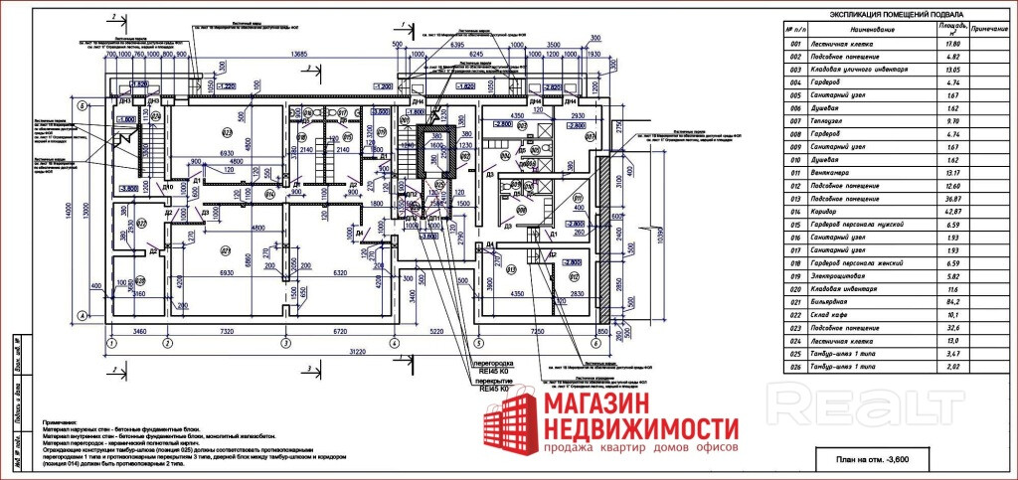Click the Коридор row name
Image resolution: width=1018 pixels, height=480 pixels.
837,212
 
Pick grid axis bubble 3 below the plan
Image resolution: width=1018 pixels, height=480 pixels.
284,344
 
